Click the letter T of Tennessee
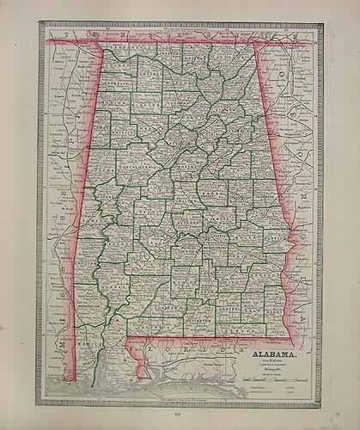[52, 34]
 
